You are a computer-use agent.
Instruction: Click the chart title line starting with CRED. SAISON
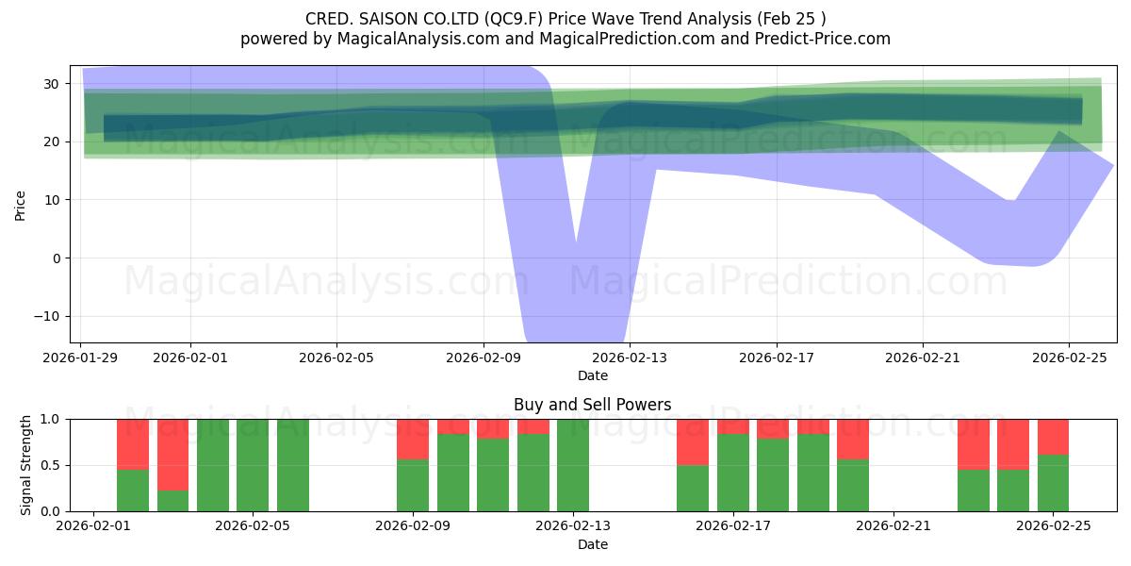point(565,19)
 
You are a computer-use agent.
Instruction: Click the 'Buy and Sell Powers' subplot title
point(592,405)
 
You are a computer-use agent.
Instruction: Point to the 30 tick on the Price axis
point(53,84)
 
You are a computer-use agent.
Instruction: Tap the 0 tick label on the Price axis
point(56,258)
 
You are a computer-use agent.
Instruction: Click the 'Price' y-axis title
point(21,204)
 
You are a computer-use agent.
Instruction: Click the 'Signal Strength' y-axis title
point(26,464)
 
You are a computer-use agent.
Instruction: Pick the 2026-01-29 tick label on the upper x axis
point(81,358)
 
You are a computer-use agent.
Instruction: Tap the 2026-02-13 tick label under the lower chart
point(573,526)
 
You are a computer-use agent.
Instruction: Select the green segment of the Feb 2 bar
point(133,490)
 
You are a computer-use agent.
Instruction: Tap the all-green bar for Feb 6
point(293,464)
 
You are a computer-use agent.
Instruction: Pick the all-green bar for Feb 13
point(573,464)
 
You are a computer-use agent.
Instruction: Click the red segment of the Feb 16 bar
point(693,441)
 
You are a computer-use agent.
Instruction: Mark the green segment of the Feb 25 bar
point(1053,483)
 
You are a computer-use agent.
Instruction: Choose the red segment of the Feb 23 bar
point(973,443)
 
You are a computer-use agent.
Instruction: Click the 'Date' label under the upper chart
point(592,375)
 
